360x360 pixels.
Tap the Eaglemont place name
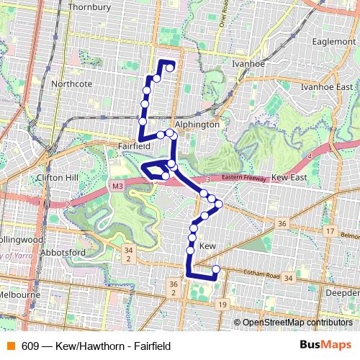pos(335,42)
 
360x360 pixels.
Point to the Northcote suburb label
pos(72,84)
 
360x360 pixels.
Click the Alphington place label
pos(197,124)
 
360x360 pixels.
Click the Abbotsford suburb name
pos(64,253)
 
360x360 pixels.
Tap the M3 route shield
pos(117,186)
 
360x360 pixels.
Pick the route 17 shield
pos(330,231)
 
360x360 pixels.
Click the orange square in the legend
pos(9,346)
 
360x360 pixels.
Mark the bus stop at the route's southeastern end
pos(215,270)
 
